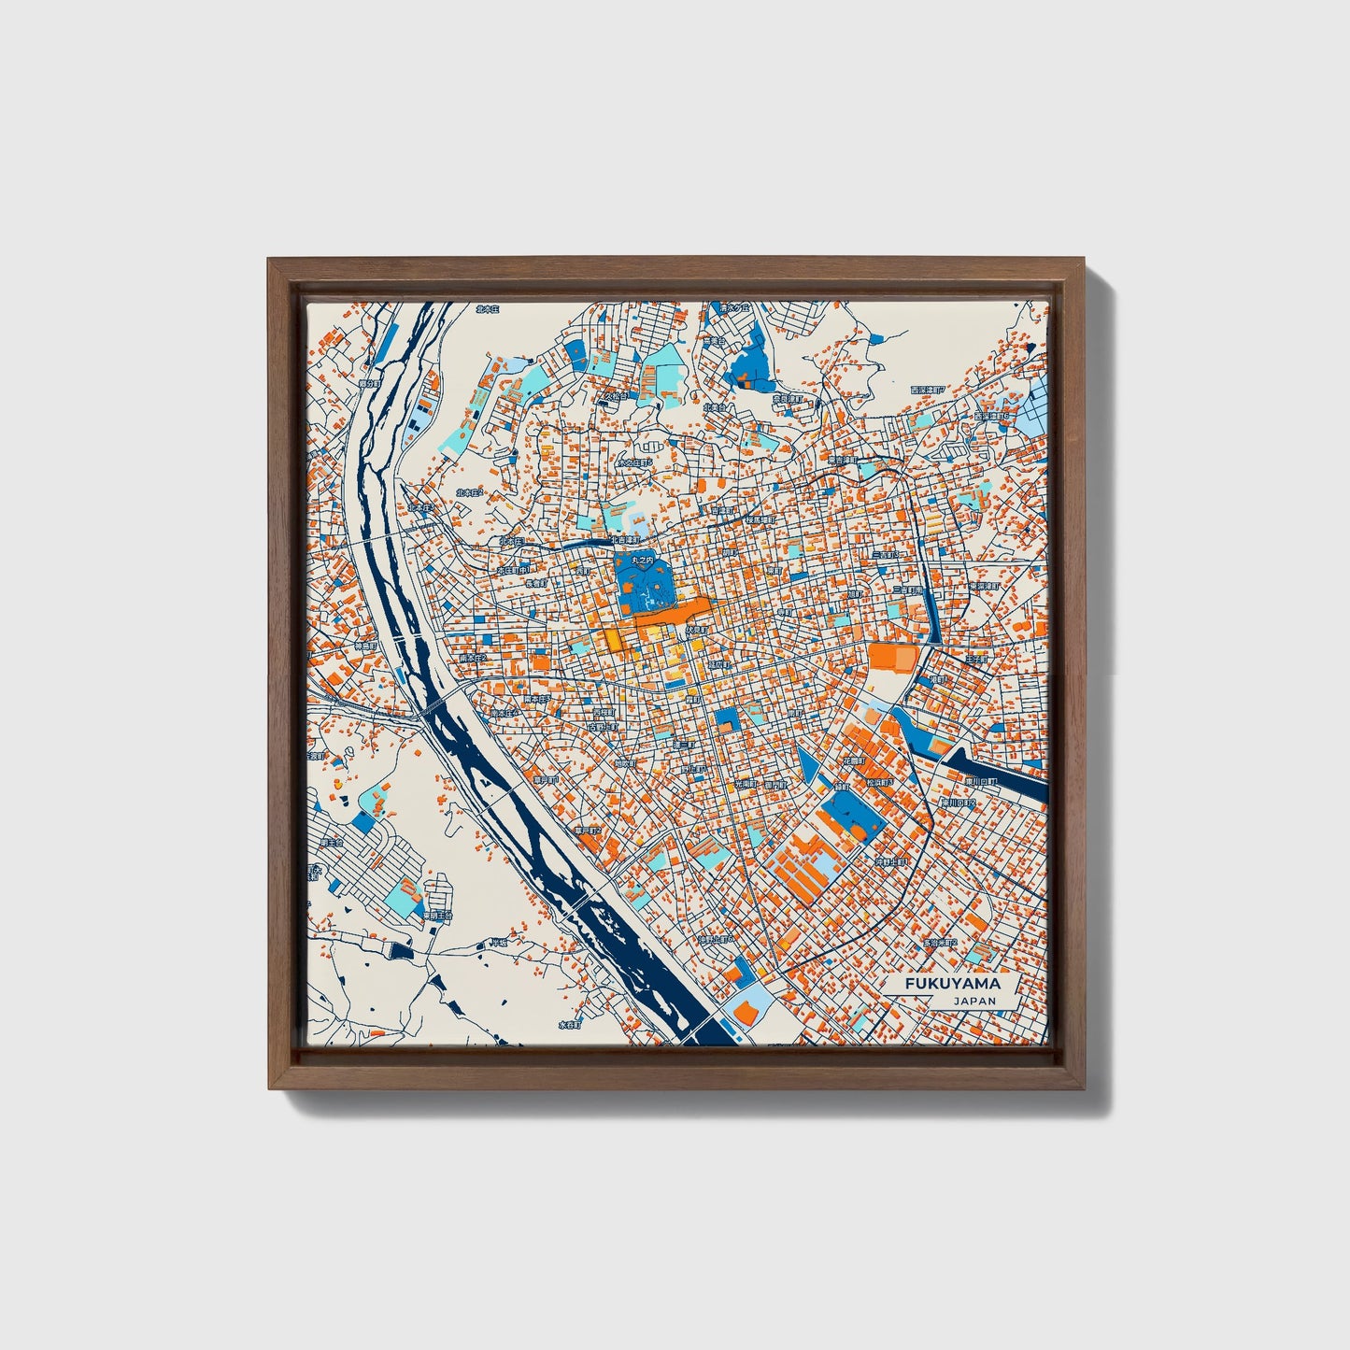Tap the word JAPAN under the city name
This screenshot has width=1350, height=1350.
(975, 1001)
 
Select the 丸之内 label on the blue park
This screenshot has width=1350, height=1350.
(639, 560)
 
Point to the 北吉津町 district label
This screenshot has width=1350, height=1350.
(624, 540)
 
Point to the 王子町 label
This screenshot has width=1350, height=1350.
(976, 660)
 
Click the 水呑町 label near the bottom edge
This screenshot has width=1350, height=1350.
(571, 1024)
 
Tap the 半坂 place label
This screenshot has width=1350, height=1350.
(500, 943)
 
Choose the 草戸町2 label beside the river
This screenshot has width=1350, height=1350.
(588, 830)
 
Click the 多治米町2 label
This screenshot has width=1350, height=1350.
(937, 942)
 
